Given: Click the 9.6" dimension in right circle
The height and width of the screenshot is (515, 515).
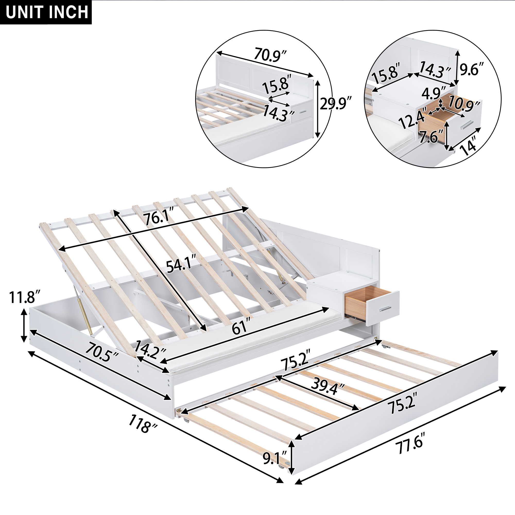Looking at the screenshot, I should pyautogui.click(x=471, y=69).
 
